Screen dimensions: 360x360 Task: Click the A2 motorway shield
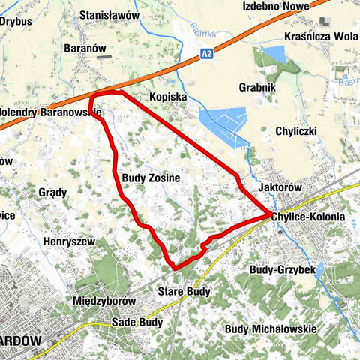click(208, 54)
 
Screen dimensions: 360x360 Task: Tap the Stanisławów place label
click(109, 14)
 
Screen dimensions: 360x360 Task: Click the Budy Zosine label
click(150, 178)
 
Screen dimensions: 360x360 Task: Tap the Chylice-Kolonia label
click(309, 216)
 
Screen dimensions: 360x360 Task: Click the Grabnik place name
click(259, 87)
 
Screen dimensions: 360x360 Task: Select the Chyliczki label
click(297, 130)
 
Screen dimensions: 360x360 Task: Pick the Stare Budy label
click(184, 290)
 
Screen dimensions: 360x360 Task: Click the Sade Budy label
click(136, 322)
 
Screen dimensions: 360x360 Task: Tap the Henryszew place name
click(68, 242)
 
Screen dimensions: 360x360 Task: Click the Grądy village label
click(52, 193)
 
